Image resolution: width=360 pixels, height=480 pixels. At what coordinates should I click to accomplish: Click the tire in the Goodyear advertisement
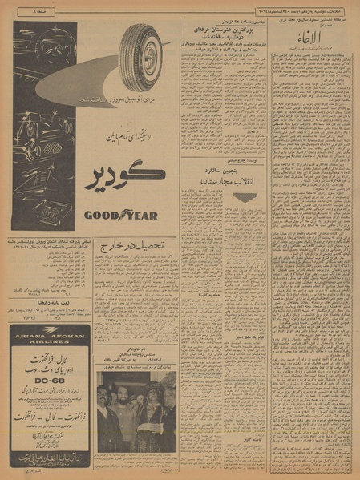click(x=140, y=56)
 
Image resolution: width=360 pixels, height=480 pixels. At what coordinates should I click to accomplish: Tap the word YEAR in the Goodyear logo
click(x=140, y=215)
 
